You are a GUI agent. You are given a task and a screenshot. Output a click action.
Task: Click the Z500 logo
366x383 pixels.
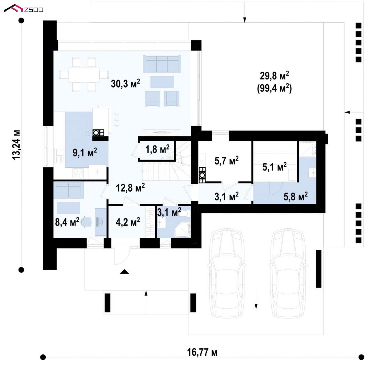[x=23, y=8]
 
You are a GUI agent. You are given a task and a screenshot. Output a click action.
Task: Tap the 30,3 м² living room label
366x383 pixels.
[x=125, y=83]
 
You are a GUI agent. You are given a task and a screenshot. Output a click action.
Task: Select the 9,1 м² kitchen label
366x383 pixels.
[x=85, y=152]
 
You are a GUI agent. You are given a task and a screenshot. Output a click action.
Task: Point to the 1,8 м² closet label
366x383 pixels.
[x=157, y=149]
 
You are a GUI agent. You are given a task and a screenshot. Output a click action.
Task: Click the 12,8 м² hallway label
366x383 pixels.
[x=130, y=187]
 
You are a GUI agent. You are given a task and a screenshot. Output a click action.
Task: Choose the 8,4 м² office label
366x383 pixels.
[x=67, y=222]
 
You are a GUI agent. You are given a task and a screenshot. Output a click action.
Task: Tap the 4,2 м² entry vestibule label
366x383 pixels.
[x=128, y=222]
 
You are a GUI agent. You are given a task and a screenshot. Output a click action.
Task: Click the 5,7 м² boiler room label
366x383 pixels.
[x=226, y=160]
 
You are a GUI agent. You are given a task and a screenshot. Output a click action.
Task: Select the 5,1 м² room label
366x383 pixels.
[x=274, y=167]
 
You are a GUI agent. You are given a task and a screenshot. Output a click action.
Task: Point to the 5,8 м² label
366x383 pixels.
[x=296, y=196]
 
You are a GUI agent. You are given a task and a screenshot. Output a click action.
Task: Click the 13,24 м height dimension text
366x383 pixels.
[x=16, y=145]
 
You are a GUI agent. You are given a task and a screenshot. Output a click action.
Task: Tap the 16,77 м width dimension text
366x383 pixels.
[x=202, y=352]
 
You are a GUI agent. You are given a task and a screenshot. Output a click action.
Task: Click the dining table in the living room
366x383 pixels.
[x=84, y=75]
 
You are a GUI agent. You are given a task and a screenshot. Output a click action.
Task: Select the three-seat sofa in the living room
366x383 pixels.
[x=162, y=64]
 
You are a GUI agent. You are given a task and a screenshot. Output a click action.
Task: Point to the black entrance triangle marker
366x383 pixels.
[x=124, y=272]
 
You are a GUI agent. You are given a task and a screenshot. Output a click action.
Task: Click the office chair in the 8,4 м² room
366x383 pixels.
[x=86, y=222]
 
